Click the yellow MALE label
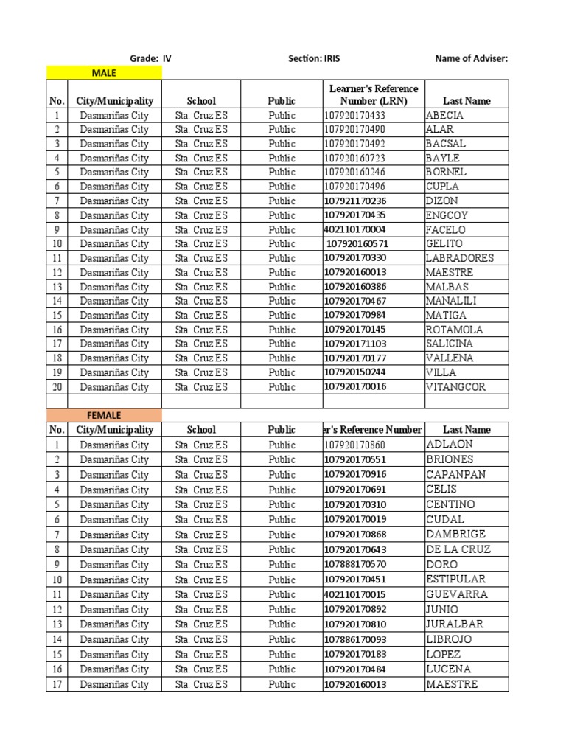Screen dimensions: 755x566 pyautogui.click(x=104, y=72)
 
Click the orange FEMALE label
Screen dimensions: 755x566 pyautogui.click(x=104, y=415)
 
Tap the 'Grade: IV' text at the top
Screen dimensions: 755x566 pyautogui.click(x=150, y=58)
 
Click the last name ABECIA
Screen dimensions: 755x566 pyautogui.click(x=444, y=115)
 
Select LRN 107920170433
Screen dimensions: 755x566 pyautogui.click(x=354, y=115)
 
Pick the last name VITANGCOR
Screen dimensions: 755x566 pyautogui.click(x=456, y=387)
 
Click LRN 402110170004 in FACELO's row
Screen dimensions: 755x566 pyautogui.click(x=354, y=229)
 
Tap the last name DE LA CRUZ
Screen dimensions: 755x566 pyautogui.click(x=458, y=549)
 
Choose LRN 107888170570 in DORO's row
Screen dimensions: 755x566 pyautogui.click(x=354, y=564)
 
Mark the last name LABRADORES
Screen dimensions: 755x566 pyautogui.click(x=460, y=258)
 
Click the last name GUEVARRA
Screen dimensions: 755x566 pyautogui.click(x=456, y=594)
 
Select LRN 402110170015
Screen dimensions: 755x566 pyautogui.click(x=354, y=594)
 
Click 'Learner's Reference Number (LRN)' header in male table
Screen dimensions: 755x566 pyautogui.click(x=374, y=95)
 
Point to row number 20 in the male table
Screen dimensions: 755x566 pyautogui.click(x=56, y=387)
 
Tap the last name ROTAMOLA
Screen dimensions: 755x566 pyautogui.click(x=455, y=330)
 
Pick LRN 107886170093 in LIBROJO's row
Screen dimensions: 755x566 pyautogui.click(x=354, y=639)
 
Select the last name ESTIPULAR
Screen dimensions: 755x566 pyautogui.click(x=455, y=580)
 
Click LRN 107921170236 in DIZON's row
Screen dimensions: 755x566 pyautogui.click(x=354, y=201)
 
